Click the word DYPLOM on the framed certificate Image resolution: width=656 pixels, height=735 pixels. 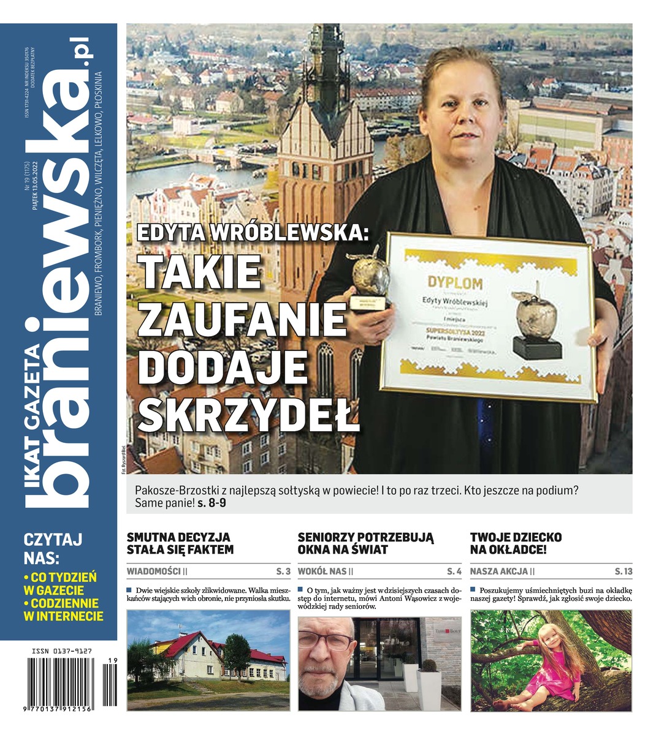(x=455, y=283)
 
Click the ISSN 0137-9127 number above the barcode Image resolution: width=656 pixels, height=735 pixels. (x=60, y=652)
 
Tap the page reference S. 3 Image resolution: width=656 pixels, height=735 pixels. (x=283, y=571)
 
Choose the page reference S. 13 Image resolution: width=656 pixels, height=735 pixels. (x=623, y=571)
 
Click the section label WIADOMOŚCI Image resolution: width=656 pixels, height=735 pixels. (x=153, y=571)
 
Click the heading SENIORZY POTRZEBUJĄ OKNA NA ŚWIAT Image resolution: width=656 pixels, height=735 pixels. (x=365, y=543)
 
